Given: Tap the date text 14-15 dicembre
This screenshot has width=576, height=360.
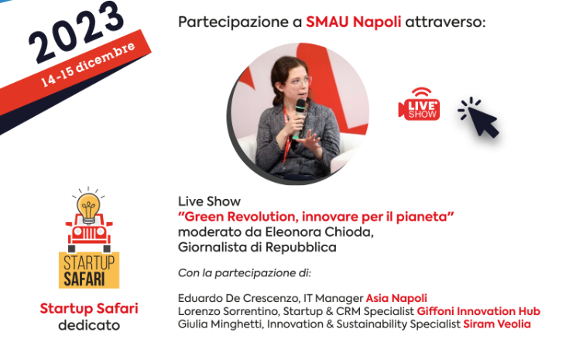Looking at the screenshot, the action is (x=87, y=65).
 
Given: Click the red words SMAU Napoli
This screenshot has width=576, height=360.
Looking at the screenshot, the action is (x=353, y=22).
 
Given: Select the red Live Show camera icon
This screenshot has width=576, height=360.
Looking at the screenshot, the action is (x=419, y=104).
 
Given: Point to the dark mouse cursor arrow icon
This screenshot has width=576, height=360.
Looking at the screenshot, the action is (x=478, y=118).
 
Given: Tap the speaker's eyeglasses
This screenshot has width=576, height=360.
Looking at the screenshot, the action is (x=298, y=81).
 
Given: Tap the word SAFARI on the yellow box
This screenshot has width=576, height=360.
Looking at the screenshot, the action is (x=84, y=279).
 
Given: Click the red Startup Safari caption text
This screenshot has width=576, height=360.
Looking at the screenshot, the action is (x=89, y=309).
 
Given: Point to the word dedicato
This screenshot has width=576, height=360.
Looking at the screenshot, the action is (x=89, y=325).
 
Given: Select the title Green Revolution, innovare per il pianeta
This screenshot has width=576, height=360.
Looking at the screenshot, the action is (x=316, y=217).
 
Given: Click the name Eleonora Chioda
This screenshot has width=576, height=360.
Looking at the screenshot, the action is (x=319, y=232).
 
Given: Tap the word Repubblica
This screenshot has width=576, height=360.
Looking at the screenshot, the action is (x=301, y=247).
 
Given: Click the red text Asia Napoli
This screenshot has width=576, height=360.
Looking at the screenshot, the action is (x=396, y=298).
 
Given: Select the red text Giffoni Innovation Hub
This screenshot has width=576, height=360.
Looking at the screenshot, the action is (x=478, y=311).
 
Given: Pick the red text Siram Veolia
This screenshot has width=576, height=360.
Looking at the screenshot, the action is (x=497, y=324).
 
